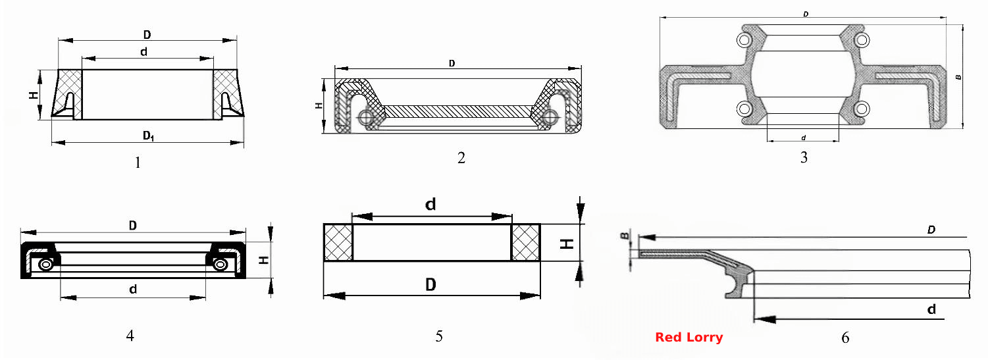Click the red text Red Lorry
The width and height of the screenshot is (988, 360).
(x=689, y=338)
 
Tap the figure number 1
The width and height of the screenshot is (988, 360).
(x=138, y=163)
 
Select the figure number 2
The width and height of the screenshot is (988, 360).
(x=461, y=157)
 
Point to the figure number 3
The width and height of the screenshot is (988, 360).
(x=804, y=157)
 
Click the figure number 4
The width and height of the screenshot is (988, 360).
(x=130, y=336)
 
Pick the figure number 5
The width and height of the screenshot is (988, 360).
(x=439, y=336)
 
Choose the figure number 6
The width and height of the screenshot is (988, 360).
(x=845, y=338)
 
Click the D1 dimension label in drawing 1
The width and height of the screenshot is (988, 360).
(x=148, y=136)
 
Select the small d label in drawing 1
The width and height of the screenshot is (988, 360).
(x=143, y=52)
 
